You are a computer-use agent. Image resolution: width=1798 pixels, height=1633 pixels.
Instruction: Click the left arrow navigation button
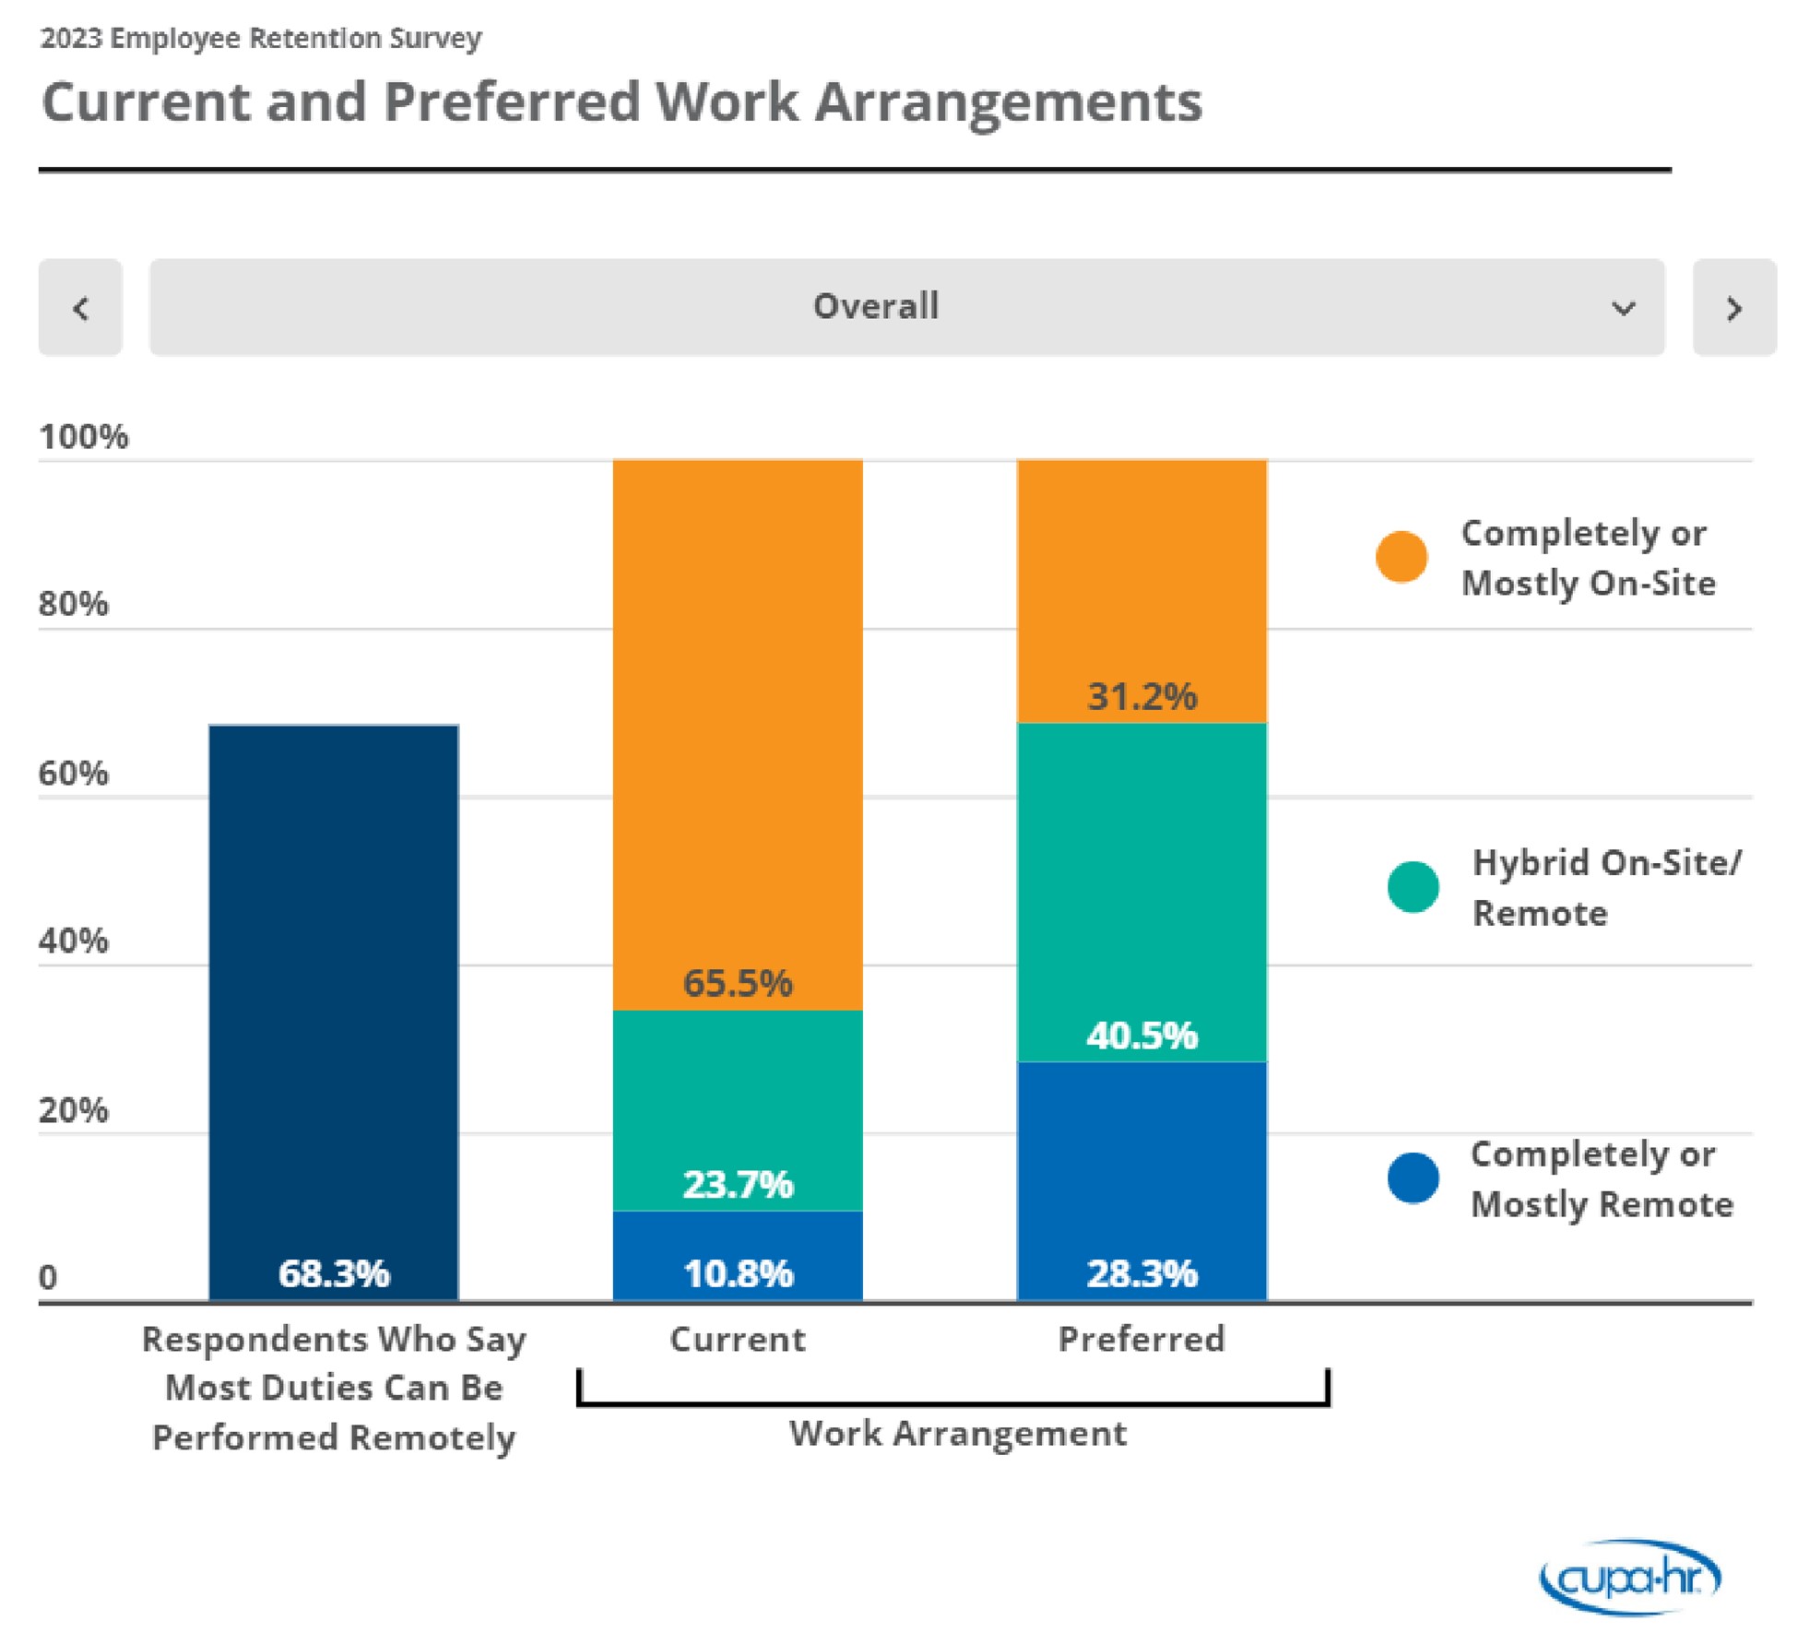(80, 307)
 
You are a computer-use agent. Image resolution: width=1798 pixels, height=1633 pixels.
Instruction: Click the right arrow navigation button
(1733, 307)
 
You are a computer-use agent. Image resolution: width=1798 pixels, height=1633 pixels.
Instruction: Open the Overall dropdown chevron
(1623, 308)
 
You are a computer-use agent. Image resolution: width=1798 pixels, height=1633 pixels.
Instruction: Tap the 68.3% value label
(334, 1273)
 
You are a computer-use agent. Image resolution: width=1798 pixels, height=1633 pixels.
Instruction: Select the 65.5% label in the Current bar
(738, 983)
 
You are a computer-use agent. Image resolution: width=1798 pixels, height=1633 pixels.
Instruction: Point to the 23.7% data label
(738, 1184)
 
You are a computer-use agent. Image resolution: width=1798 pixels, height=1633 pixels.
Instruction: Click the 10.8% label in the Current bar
(738, 1273)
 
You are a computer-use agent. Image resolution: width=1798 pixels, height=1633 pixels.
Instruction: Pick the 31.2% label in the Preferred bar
(1141, 696)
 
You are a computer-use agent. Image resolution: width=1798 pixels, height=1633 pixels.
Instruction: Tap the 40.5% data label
(1141, 1035)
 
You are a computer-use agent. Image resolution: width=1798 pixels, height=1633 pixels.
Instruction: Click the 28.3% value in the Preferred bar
(1141, 1273)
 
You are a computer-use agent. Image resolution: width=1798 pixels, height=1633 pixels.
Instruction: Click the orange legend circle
(1401, 557)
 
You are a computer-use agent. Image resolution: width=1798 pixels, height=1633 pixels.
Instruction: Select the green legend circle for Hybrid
(1413, 887)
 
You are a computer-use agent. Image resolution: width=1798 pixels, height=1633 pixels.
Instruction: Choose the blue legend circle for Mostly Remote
(1413, 1177)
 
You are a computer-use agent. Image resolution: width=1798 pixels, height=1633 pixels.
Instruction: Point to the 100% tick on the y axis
(84, 436)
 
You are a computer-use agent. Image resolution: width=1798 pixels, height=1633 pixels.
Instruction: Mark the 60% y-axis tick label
(74, 773)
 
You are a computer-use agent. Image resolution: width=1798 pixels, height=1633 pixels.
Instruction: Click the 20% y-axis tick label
(74, 1110)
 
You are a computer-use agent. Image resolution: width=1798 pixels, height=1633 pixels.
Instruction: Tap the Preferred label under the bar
(1141, 1339)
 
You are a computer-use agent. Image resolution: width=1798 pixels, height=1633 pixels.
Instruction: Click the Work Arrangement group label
(957, 1433)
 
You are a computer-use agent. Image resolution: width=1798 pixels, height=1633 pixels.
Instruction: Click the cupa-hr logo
(1630, 1578)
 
